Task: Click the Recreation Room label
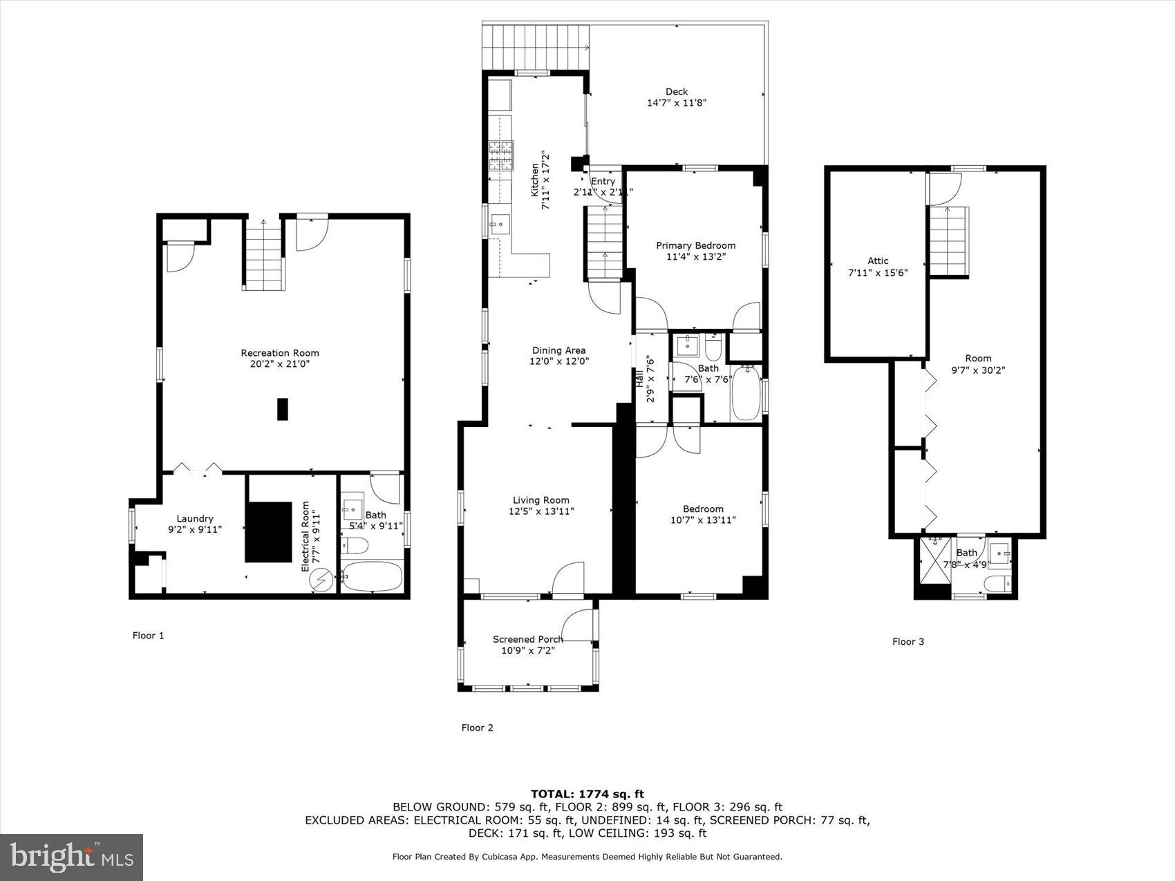280,353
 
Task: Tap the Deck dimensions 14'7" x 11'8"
676,103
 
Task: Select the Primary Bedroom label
695,245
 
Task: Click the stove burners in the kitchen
502,155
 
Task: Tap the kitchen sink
499,224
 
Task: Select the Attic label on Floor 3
878,260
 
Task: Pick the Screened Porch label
527,639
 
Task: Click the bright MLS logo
72,858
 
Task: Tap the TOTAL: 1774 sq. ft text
587,794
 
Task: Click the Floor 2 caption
477,728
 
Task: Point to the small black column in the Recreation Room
282,409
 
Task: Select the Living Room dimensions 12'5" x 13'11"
541,511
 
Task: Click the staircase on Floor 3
948,242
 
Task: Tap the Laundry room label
195,519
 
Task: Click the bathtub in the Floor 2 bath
745,394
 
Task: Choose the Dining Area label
558,350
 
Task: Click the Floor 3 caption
908,642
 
